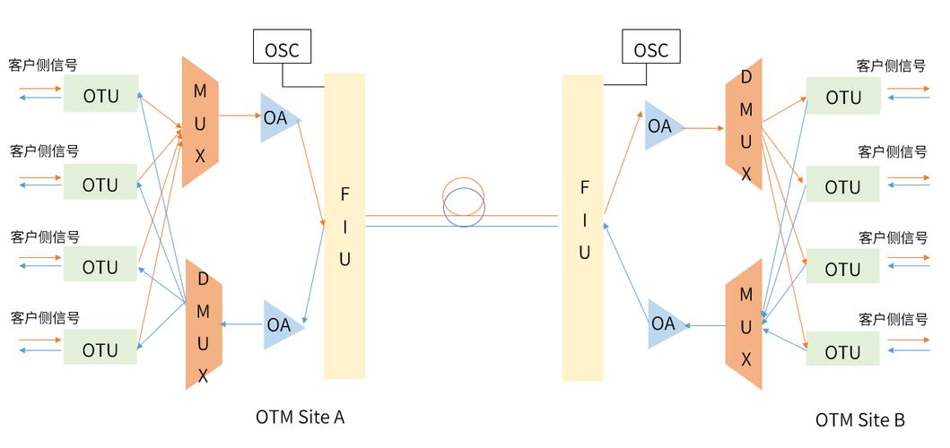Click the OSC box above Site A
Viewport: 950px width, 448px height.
(x=282, y=48)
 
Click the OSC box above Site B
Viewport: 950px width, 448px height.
(x=651, y=49)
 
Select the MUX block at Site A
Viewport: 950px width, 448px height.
(x=201, y=122)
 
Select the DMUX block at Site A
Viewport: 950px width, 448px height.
(x=204, y=324)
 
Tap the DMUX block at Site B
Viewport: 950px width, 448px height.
(x=745, y=125)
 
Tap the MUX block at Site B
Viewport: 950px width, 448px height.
(x=745, y=324)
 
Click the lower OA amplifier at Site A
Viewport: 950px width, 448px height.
(x=282, y=324)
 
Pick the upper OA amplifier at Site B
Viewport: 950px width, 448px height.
(x=662, y=126)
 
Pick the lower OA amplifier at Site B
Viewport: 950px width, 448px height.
(x=665, y=323)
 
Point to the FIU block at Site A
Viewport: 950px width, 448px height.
(x=344, y=226)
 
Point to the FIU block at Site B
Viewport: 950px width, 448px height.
(x=583, y=226)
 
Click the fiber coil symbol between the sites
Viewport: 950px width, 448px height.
(x=464, y=202)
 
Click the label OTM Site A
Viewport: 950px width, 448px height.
(x=300, y=417)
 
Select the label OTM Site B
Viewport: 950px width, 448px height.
(x=859, y=419)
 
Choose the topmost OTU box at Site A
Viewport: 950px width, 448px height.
(x=100, y=94)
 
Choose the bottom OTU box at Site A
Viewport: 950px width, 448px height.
(x=100, y=349)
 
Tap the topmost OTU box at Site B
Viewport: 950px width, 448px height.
(x=843, y=96)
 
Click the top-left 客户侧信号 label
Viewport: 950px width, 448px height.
(x=43, y=65)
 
